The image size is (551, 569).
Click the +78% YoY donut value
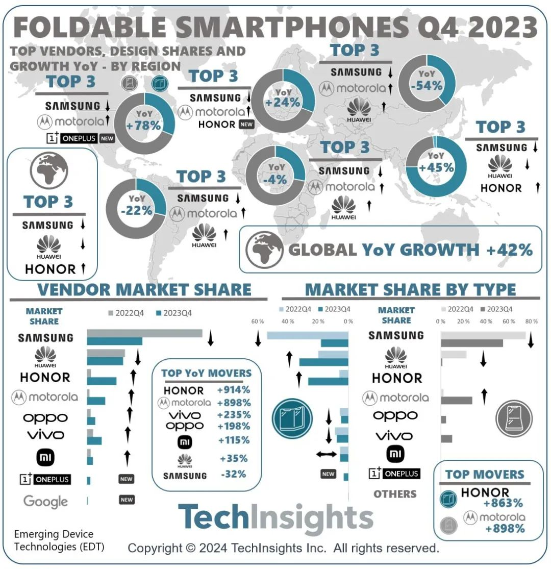tap(145, 126)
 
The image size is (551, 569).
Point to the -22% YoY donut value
tap(137, 210)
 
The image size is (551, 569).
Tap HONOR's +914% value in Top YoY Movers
tap(233, 390)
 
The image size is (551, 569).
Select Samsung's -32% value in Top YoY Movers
tap(233, 474)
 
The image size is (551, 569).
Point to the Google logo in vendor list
tap(45, 501)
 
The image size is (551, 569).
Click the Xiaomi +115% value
tap(233, 440)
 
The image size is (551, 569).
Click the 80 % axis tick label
tap(531, 321)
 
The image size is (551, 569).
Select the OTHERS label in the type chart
tap(395, 494)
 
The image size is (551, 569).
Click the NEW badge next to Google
tap(127, 500)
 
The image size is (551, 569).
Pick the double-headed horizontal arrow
tap(326, 454)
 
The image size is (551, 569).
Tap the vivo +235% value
tap(233, 414)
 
